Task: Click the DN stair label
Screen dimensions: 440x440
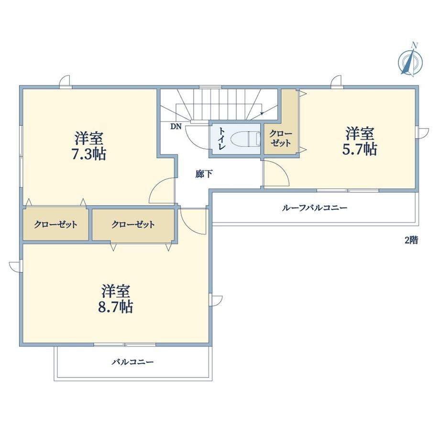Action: click(x=176, y=126)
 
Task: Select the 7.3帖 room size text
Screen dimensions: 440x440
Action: click(x=89, y=154)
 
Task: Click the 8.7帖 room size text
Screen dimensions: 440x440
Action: click(x=116, y=307)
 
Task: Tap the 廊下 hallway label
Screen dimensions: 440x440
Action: click(x=204, y=174)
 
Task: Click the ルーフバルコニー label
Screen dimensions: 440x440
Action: click(x=315, y=208)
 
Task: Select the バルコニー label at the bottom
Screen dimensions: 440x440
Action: click(x=133, y=362)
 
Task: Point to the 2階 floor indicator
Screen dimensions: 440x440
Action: click(x=411, y=240)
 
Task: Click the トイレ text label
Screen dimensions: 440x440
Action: click(x=222, y=138)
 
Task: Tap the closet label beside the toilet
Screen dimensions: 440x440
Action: click(x=281, y=138)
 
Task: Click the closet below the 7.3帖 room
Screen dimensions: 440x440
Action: click(x=55, y=224)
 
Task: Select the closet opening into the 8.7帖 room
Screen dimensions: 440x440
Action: click(x=133, y=224)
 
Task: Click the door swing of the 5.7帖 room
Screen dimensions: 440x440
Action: click(x=277, y=174)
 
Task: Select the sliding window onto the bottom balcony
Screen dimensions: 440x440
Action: click(x=125, y=344)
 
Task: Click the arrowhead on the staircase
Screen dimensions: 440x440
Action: click(x=262, y=113)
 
